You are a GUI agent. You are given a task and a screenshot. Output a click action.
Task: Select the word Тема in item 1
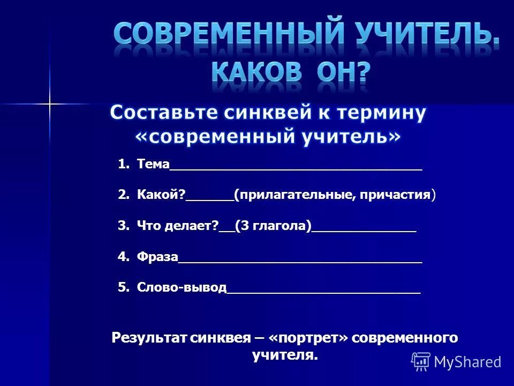click(x=153, y=164)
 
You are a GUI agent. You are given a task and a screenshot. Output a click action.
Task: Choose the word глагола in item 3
click(x=282, y=226)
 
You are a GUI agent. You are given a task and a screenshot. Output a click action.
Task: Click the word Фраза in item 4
click(x=157, y=257)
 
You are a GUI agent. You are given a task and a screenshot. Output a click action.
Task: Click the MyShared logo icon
click(x=421, y=362)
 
